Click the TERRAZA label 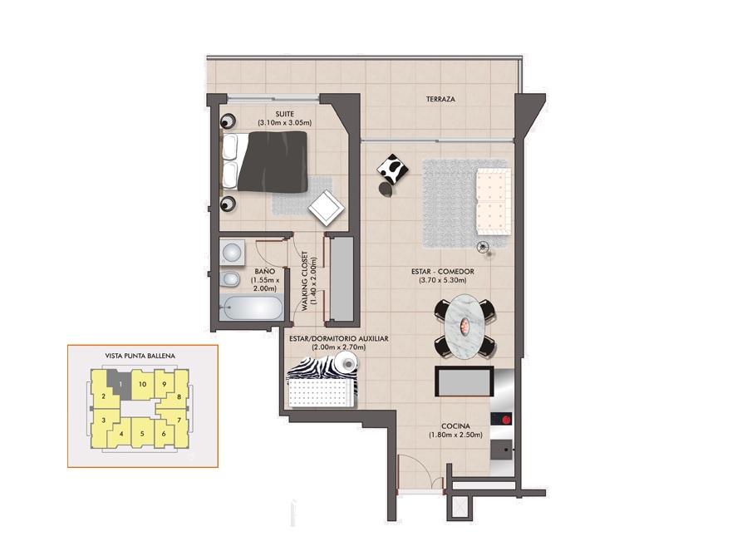click(x=440, y=99)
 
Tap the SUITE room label click(x=284, y=114)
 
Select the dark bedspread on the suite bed click(x=273, y=162)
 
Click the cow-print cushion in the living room click(x=392, y=170)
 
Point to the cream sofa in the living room click(x=494, y=201)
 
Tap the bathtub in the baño click(x=252, y=308)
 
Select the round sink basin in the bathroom click(x=232, y=252)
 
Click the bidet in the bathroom click(x=229, y=279)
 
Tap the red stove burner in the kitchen click(x=506, y=420)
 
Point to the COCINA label click(x=455, y=426)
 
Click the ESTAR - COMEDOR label click(x=443, y=272)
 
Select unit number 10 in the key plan click(x=142, y=384)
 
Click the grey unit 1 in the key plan click(x=120, y=384)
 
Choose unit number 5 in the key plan click(x=142, y=434)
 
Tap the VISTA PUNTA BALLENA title click(x=140, y=356)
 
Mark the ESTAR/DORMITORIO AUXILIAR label click(x=339, y=339)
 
